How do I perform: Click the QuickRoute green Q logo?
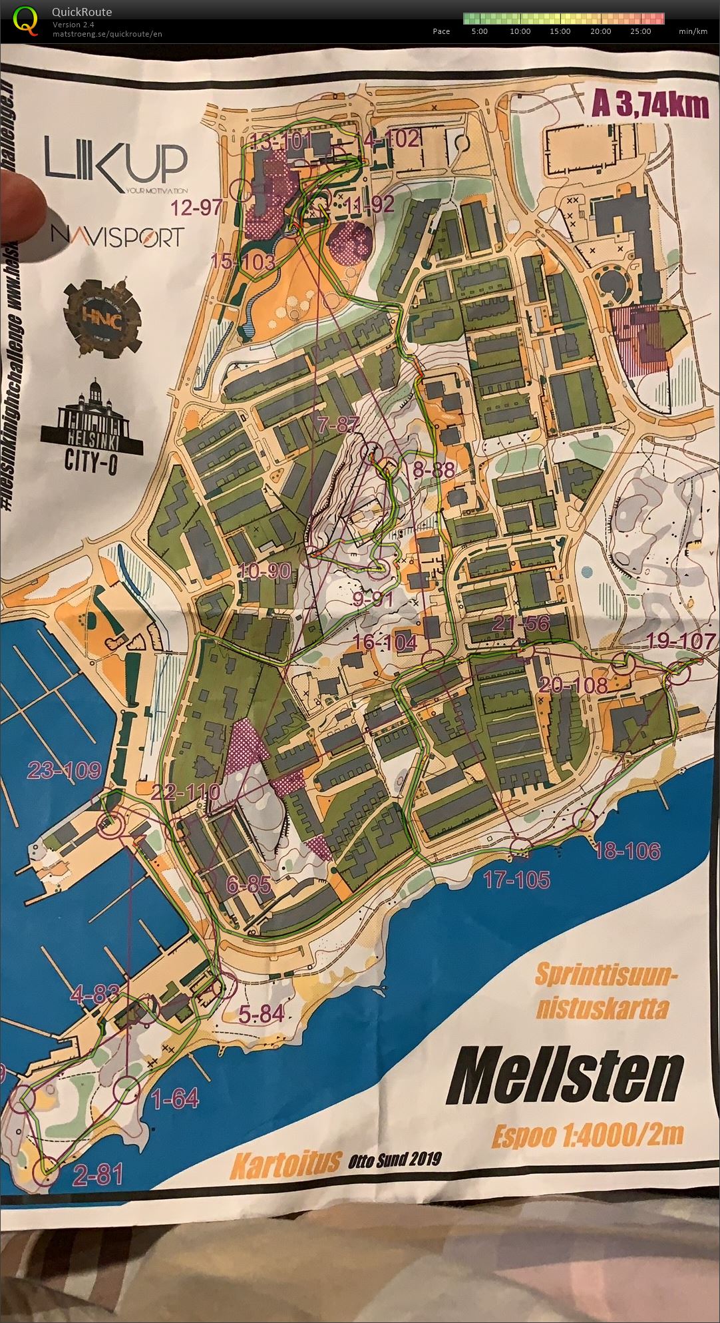(25, 20)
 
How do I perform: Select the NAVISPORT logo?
(117, 236)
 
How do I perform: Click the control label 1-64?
(175, 1099)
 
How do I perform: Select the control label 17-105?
(516, 880)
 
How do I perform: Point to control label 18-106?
(627, 850)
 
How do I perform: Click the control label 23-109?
(64, 771)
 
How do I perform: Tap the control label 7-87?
(338, 424)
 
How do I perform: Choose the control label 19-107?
(681, 642)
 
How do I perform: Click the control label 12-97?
(196, 208)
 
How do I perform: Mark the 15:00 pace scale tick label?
(560, 31)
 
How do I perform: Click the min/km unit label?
(693, 31)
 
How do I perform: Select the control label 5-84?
(261, 1014)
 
